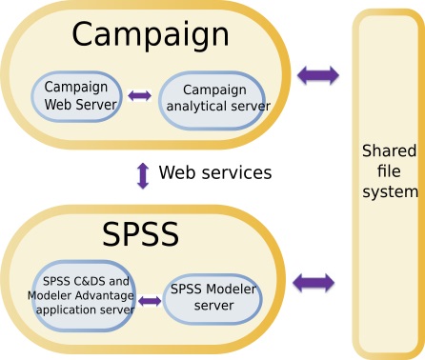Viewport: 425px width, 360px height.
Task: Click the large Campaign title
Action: (151, 35)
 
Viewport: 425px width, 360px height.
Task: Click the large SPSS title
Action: (141, 235)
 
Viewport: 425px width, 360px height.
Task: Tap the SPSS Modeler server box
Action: (212, 297)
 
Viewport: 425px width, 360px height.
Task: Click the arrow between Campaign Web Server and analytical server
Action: (140, 96)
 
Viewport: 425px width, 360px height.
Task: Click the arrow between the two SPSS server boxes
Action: (150, 301)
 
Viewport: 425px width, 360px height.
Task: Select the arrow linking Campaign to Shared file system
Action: (317, 74)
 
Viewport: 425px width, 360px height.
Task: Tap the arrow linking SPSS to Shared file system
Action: (314, 282)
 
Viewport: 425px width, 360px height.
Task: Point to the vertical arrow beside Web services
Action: (143, 174)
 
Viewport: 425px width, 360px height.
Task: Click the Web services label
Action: (215, 173)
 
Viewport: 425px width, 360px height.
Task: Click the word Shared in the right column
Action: (389, 151)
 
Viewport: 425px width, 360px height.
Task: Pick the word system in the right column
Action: (389, 192)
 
